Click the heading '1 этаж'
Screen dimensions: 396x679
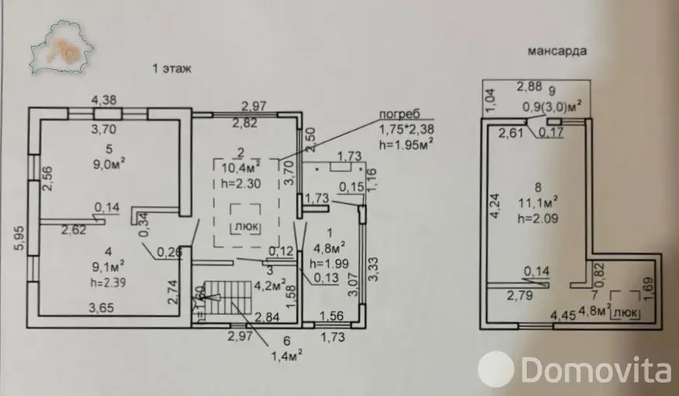point(172,69)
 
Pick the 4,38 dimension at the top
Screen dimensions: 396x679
point(104,100)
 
